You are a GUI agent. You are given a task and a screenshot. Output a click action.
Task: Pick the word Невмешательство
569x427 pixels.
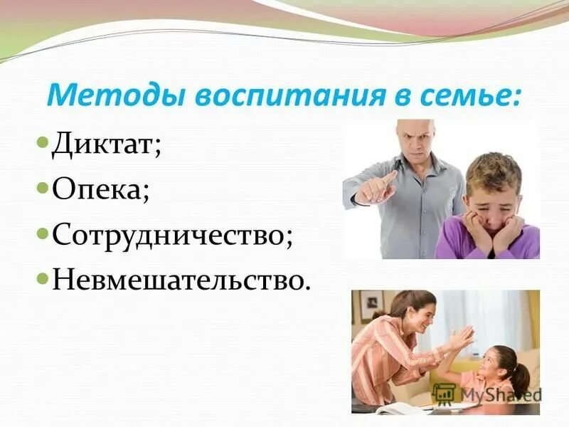coord(181,279)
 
